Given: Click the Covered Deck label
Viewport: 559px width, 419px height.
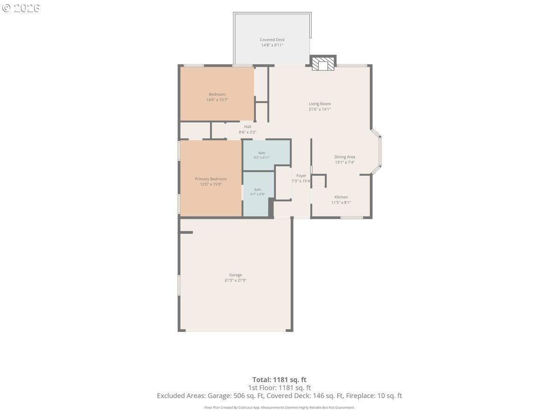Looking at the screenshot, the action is coord(272,40).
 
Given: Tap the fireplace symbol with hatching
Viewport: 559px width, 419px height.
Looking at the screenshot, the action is coord(323,64).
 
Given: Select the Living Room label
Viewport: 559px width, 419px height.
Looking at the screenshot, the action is coord(320,104).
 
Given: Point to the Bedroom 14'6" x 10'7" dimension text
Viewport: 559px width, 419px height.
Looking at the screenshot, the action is coord(217,100).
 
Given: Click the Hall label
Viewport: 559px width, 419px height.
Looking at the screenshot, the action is coord(247,127).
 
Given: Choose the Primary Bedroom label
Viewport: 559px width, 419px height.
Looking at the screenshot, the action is coord(211,179).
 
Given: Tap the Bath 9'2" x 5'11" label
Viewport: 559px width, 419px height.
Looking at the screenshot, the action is coord(262,155).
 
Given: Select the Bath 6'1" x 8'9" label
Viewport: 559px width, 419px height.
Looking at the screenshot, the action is coord(258,192).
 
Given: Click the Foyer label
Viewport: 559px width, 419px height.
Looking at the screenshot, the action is coord(301,176).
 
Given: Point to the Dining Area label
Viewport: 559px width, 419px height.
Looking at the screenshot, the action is coord(345,157).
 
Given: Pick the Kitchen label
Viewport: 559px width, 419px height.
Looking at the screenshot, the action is coord(341,197).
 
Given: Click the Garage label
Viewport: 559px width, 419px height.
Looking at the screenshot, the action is coord(235,275).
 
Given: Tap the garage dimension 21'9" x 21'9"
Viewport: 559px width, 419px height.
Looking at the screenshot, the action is coord(235,280).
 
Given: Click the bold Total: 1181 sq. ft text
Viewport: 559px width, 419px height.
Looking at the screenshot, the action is coord(279,379).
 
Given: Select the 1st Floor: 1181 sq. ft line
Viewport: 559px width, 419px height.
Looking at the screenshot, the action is coord(279,388).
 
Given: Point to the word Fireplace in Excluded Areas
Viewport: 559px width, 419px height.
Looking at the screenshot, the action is coord(359,396).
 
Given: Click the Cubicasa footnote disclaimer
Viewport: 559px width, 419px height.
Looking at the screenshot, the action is coord(279,407).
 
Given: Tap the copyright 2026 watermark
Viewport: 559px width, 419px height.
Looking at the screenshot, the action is coord(21,8).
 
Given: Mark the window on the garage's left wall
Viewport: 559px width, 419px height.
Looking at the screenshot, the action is coord(179,285).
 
